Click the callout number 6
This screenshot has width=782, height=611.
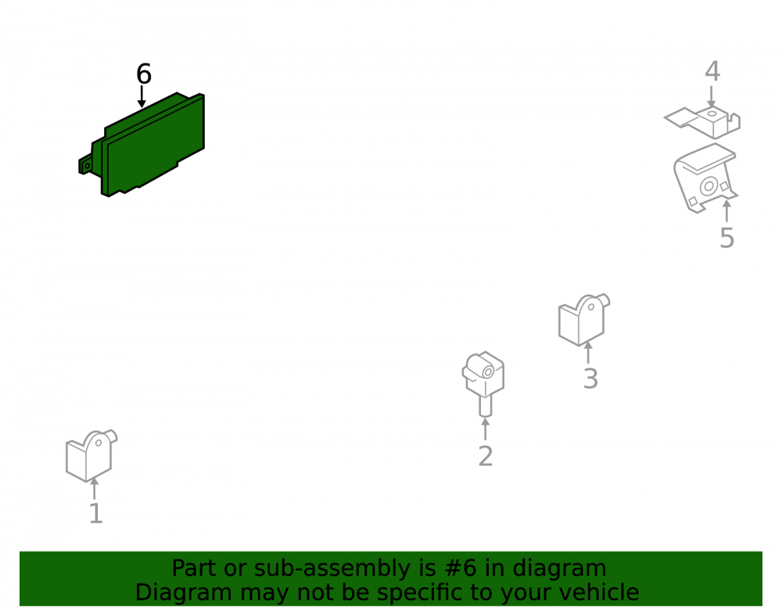[x=144, y=74]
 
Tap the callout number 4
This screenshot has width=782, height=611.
[x=712, y=71]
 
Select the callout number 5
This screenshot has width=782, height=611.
[x=726, y=238]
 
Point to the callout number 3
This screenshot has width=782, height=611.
[x=590, y=379]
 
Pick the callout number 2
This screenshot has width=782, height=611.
[x=486, y=456]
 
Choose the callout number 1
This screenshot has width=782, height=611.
[x=95, y=513]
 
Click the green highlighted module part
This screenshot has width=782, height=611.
[x=142, y=145]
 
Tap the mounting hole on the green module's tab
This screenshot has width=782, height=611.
[x=88, y=166]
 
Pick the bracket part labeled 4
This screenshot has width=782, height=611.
[x=702, y=121]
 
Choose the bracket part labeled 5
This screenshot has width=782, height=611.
[x=705, y=178]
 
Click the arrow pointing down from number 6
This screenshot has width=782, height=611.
[x=142, y=97]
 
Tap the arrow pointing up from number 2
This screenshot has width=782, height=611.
[x=486, y=429]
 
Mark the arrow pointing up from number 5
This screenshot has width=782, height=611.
[x=726, y=210]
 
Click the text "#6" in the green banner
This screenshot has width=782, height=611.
[x=459, y=568]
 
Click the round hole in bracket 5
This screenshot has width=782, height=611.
[x=708, y=187]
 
